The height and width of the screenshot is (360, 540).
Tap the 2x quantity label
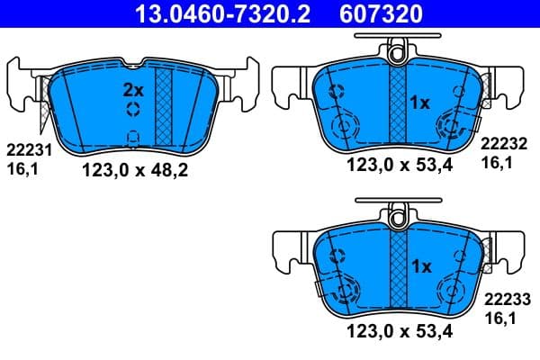pyautogui.click(x=132, y=90)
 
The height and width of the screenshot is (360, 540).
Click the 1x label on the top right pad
pyautogui.click(x=420, y=103)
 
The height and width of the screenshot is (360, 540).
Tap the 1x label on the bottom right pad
pyautogui.click(x=420, y=266)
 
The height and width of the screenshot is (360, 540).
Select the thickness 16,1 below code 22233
pyautogui.click(x=498, y=317)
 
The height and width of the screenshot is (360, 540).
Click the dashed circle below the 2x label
pyautogui.click(x=132, y=110)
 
